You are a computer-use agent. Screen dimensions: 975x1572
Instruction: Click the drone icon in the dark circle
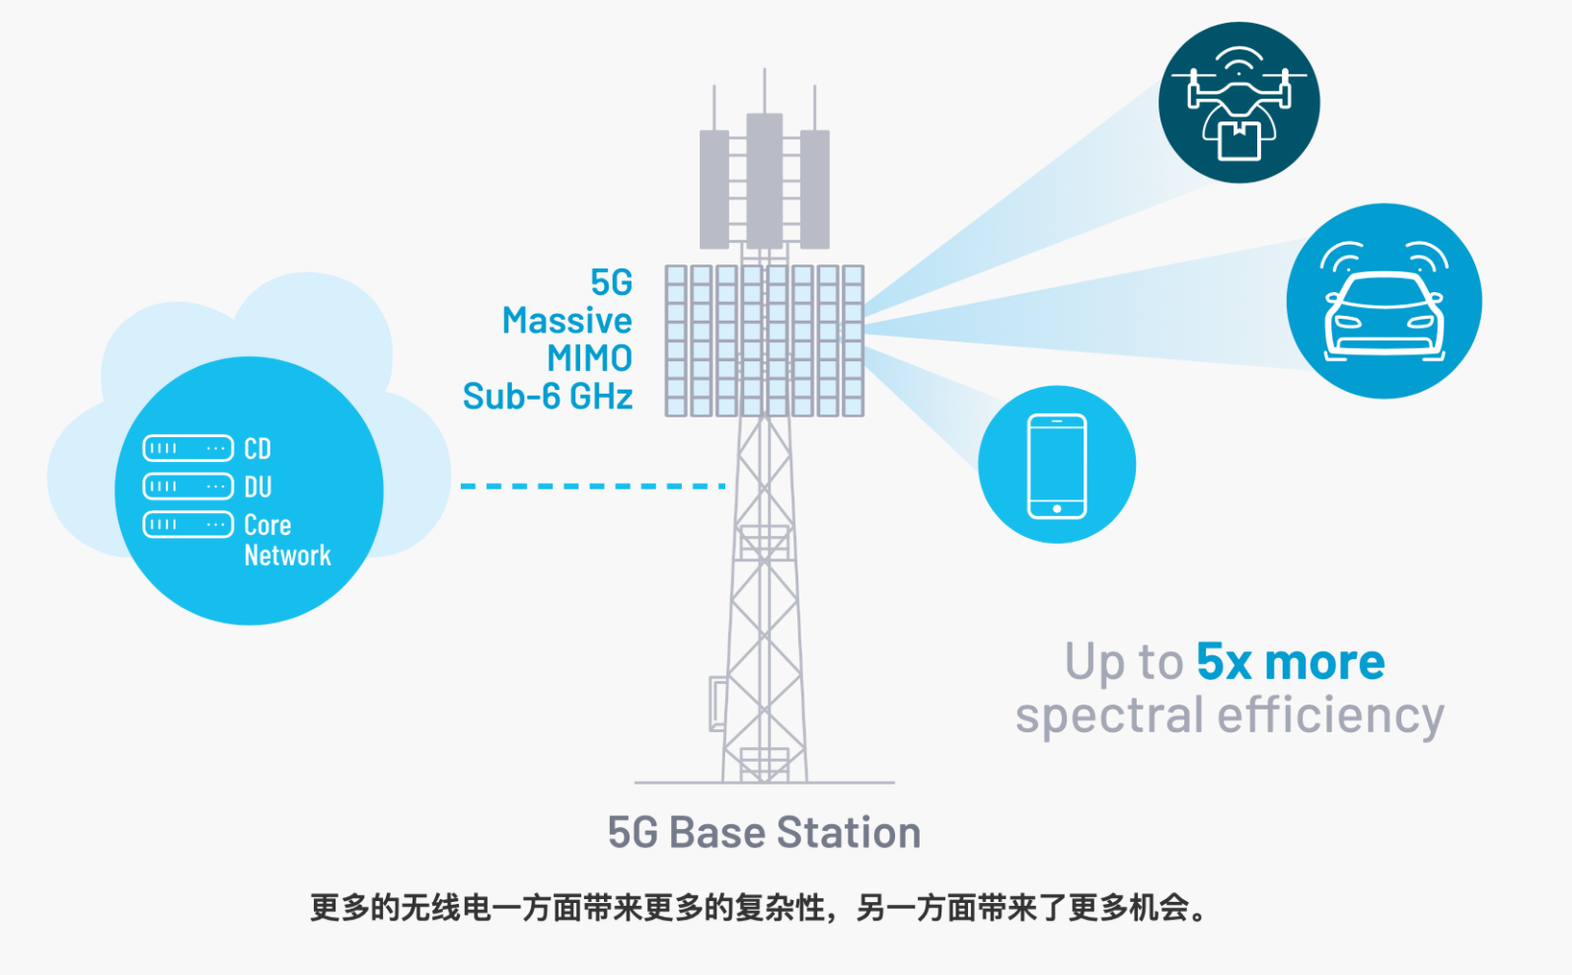(x=1238, y=103)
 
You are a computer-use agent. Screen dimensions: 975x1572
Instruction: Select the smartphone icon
(x=1057, y=466)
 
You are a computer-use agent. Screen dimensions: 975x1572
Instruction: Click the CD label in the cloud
(x=258, y=449)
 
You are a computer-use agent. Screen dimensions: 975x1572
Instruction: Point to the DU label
(x=258, y=487)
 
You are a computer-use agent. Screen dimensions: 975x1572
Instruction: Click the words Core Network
(x=286, y=540)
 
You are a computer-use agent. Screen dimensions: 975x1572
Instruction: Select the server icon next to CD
(x=188, y=449)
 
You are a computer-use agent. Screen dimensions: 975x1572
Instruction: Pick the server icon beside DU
(x=188, y=487)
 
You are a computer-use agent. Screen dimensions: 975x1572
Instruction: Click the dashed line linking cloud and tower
(x=593, y=486)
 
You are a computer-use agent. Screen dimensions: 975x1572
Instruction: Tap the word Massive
(x=566, y=321)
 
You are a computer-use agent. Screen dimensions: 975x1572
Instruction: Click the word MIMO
(x=589, y=358)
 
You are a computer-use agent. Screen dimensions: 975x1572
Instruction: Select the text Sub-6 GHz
(x=548, y=397)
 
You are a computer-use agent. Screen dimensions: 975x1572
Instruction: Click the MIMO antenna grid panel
(x=765, y=340)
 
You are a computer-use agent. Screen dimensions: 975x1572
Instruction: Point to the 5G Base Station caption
(x=764, y=833)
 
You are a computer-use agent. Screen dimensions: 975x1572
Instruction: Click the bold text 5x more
(x=1290, y=661)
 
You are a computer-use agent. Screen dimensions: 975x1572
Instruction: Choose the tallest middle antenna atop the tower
(x=765, y=178)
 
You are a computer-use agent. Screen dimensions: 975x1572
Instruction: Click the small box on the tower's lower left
(x=718, y=704)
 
